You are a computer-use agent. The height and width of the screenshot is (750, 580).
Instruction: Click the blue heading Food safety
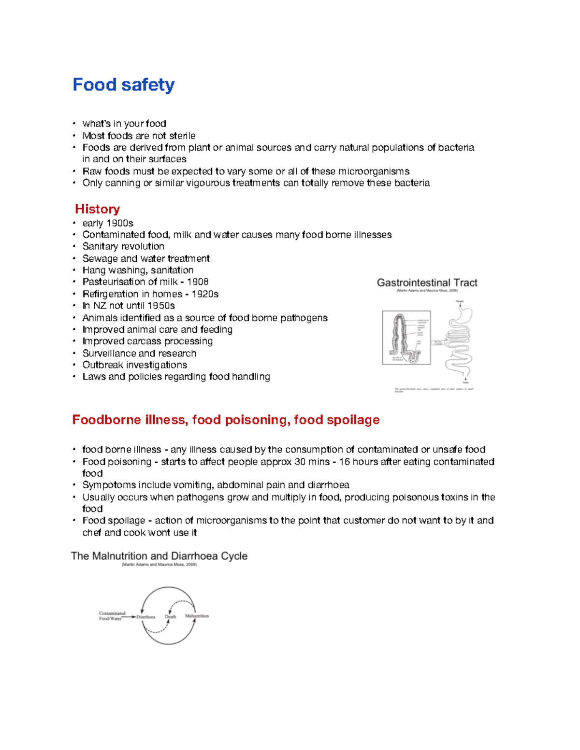(123, 85)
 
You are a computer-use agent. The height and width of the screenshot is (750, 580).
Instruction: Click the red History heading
(97, 209)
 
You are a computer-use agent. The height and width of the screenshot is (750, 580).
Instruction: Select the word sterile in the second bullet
(182, 136)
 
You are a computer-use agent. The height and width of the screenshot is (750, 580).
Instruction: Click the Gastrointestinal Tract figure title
(427, 283)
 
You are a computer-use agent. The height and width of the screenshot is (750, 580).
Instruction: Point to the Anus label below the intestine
(466, 382)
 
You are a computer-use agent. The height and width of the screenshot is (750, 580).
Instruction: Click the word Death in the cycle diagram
(171, 617)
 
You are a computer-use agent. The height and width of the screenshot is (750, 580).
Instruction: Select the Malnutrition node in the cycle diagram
(197, 616)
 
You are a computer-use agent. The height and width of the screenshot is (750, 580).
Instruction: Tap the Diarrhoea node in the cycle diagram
(145, 617)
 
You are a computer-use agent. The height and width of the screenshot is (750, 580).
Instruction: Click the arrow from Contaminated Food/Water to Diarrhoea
(129, 617)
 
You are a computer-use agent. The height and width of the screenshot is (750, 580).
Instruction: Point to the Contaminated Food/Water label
(112, 616)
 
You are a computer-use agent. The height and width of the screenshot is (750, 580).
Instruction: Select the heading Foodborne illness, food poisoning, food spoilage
(226, 420)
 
